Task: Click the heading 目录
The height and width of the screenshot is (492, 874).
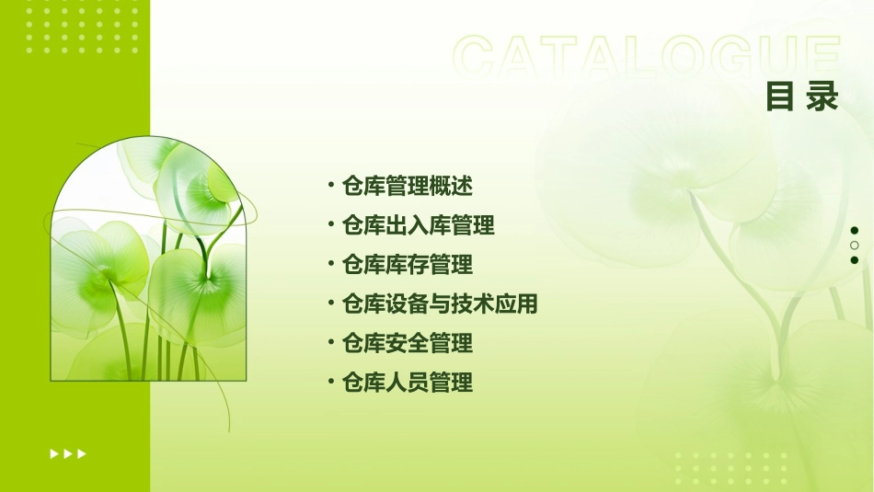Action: (802, 97)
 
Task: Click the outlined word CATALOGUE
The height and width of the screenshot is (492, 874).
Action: (646, 58)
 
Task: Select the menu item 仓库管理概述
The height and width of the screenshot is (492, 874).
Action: (407, 186)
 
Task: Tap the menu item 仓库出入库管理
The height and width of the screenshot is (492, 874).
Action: (418, 225)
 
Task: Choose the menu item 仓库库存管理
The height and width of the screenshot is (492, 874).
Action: (407, 265)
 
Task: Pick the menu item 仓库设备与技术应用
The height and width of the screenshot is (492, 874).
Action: (439, 304)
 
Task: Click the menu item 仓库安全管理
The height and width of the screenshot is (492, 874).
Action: (407, 344)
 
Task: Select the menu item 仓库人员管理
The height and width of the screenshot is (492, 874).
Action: (407, 383)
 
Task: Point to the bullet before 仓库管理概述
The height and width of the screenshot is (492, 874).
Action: (330, 185)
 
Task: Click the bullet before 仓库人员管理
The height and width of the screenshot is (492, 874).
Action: (330, 382)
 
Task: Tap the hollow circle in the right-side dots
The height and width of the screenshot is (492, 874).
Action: (855, 246)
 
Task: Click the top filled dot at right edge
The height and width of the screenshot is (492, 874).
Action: (855, 231)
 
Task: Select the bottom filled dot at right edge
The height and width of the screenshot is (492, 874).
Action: (855, 260)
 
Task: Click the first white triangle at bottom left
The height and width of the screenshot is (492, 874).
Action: (54, 453)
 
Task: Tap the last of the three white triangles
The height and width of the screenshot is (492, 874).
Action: (82, 453)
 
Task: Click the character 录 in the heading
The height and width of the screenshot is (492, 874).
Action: (822, 97)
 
